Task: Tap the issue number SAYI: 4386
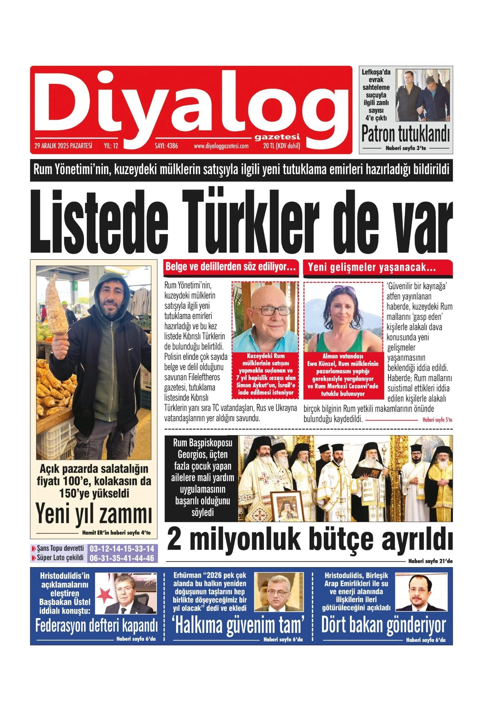click(x=166, y=146)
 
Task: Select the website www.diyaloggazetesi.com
click(x=221, y=146)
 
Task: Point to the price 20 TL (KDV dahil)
click(x=281, y=146)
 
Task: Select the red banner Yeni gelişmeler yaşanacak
click(x=371, y=268)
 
